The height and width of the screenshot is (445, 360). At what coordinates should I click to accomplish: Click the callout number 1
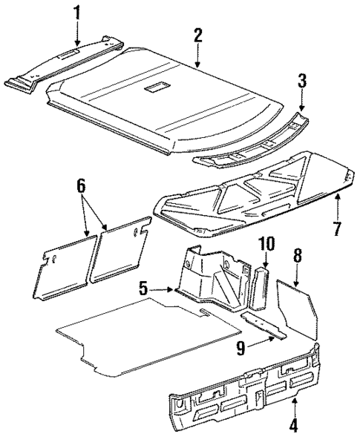coord(76,13)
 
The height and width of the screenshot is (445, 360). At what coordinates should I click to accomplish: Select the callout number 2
coord(198,35)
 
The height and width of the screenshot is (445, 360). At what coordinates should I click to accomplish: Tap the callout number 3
coord(302,79)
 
